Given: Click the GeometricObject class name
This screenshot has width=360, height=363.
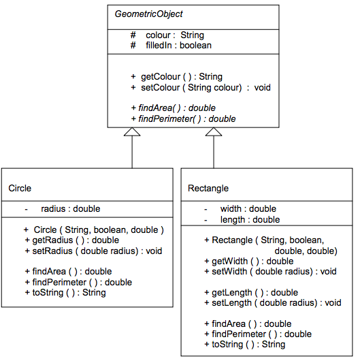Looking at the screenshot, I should (x=148, y=14).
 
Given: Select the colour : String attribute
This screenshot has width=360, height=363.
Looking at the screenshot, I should (x=175, y=35).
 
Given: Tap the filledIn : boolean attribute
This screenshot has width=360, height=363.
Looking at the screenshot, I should (x=178, y=45).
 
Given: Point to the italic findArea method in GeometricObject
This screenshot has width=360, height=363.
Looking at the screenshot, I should (x=177, y=108).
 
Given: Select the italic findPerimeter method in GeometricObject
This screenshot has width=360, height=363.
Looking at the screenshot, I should (x=187, y=119).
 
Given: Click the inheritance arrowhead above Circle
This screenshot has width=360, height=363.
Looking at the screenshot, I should (x=131, y=133).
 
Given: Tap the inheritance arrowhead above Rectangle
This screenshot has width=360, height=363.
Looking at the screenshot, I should (x=214, y=133).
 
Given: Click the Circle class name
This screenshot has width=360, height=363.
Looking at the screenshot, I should (x=20, y=188).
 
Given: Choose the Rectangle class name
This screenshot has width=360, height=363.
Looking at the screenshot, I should (x=208, y=188).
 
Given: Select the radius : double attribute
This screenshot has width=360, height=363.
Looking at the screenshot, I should (x=70, y=209).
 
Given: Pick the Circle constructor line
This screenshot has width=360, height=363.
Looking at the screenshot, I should (x=98, y=230).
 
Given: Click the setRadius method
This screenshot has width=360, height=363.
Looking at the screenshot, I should (x=97, y=251).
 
